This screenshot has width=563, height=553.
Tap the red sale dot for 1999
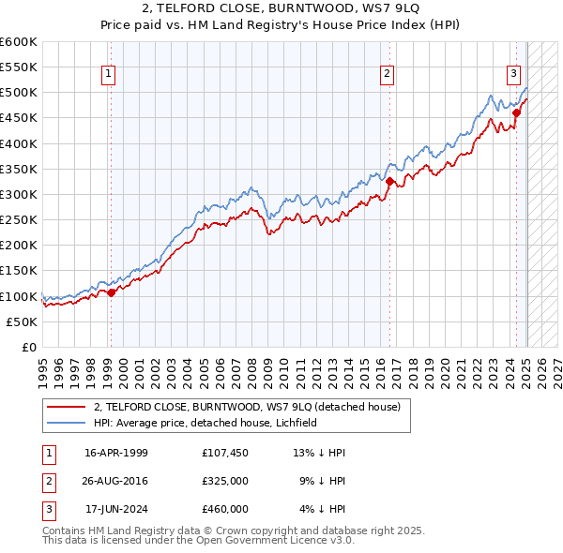111,292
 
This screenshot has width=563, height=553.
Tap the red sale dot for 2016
389,181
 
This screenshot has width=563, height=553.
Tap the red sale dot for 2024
516,112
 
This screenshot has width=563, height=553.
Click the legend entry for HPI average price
205,423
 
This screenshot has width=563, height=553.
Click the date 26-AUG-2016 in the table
116,481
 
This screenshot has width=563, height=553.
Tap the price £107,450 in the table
224,453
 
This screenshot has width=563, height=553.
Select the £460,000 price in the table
224,509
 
